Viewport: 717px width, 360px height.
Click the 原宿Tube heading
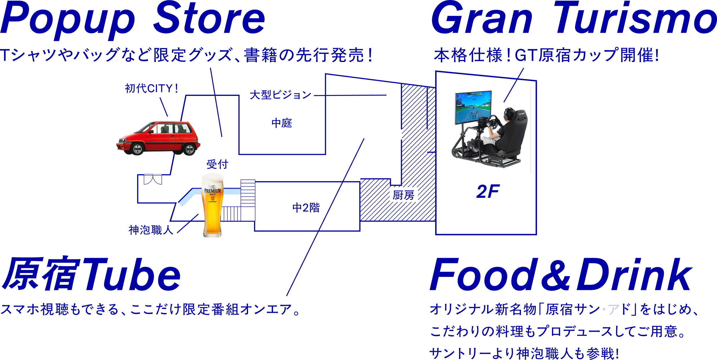[x=91, y=274]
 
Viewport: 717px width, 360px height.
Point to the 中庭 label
[x=282, y=123]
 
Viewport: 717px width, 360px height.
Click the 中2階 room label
[x=306, y=208]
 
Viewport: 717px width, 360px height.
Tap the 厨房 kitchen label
[x=404, y=195]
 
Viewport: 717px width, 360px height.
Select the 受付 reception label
[x=217, y=164]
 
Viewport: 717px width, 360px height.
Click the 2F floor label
[x=488, y=191]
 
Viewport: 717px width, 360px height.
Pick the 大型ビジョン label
[x=280, y=95]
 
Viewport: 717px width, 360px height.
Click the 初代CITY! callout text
[x=151, y=88]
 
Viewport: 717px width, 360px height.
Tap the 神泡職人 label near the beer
[x=151, y=230]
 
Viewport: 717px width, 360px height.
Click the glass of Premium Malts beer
[x=213, y=205]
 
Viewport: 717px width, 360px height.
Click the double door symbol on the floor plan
[x=153, y=179]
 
